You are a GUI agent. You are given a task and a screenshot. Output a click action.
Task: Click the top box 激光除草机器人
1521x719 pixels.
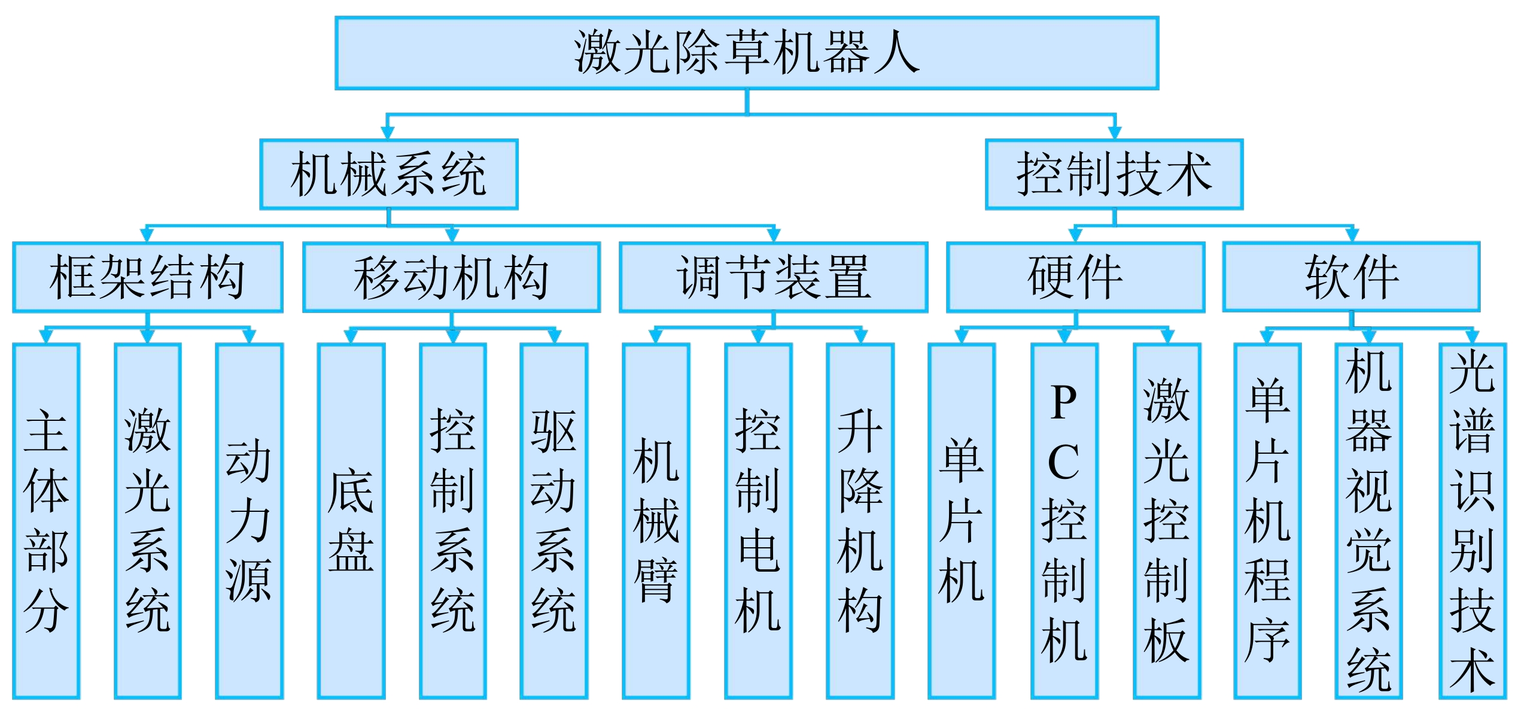click(746, 53)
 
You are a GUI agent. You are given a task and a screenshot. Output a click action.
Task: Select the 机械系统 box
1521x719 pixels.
click(388, 174)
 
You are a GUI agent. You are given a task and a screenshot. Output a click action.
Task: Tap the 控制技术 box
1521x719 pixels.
click(1114, 174)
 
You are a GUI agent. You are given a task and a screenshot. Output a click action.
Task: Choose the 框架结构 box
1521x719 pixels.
click(147, 277)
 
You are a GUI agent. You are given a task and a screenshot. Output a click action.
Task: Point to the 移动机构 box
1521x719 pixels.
click(451, 277)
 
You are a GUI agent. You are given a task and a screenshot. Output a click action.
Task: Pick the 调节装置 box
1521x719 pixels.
click(773, 277)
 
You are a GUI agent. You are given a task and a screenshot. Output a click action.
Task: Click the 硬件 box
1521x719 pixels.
click(1075, 277)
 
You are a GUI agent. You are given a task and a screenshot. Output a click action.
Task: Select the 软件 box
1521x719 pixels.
click(1351, 277)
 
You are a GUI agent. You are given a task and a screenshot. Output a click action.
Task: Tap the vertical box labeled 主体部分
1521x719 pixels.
click(46, 521)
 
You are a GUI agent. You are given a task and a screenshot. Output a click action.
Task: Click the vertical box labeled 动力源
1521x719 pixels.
click(249, 521)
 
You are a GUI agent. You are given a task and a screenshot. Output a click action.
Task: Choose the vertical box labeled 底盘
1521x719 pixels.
click(351, 521)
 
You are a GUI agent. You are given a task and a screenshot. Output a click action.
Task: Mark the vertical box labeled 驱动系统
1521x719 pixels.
click(553, 521)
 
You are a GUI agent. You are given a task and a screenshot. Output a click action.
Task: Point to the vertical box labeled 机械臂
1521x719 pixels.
click(656, 521)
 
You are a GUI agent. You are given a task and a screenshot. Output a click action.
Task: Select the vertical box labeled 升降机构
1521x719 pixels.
click(860, 521)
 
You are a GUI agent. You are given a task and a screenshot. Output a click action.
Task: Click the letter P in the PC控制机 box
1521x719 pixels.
click(1063, 402)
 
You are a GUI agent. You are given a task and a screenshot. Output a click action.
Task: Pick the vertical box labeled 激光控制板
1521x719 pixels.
click(1166, 521)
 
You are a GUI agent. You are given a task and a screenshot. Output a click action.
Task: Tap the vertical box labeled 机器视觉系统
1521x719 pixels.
click(1368, 521)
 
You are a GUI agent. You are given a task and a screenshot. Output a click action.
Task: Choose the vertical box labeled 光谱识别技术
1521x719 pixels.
click(1472, 521)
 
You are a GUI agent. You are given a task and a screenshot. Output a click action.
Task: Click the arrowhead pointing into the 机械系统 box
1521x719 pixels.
click(388, 132)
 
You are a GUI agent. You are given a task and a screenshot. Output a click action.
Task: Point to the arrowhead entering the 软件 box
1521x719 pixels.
click(1352, 235)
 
